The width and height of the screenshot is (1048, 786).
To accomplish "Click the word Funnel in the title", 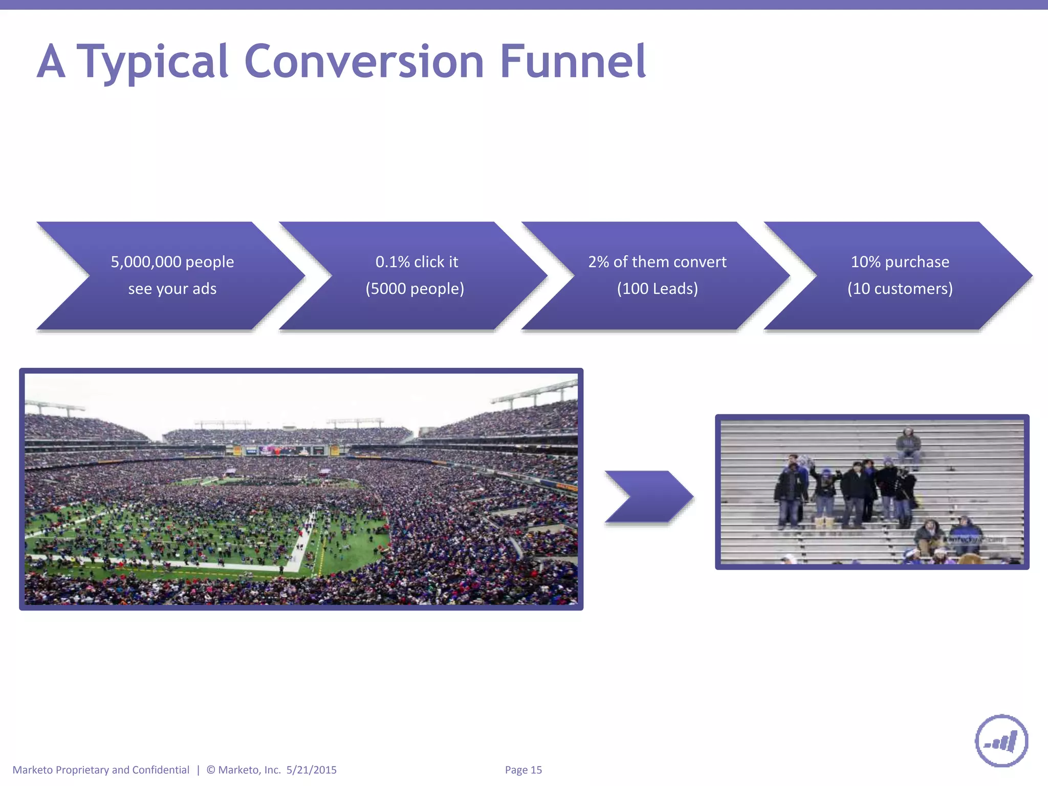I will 572,61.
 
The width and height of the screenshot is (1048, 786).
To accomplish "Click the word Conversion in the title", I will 364,61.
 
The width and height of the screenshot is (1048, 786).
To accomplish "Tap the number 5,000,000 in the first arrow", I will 146,262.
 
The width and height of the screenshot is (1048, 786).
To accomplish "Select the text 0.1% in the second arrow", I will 392,262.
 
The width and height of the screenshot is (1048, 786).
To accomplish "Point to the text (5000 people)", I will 415,289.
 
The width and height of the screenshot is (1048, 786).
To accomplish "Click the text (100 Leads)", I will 657,289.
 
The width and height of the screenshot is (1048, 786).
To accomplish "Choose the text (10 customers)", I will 900,289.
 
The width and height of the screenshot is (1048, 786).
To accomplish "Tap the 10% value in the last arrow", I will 865,262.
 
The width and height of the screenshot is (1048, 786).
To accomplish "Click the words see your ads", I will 172,289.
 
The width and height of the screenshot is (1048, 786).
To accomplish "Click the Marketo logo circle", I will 1001,740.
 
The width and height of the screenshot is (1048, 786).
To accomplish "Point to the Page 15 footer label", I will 523,770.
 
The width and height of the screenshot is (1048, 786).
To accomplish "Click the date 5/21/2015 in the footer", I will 311,770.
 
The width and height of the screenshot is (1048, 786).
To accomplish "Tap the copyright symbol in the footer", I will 211,770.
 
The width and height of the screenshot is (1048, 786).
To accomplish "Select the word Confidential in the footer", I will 161,770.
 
